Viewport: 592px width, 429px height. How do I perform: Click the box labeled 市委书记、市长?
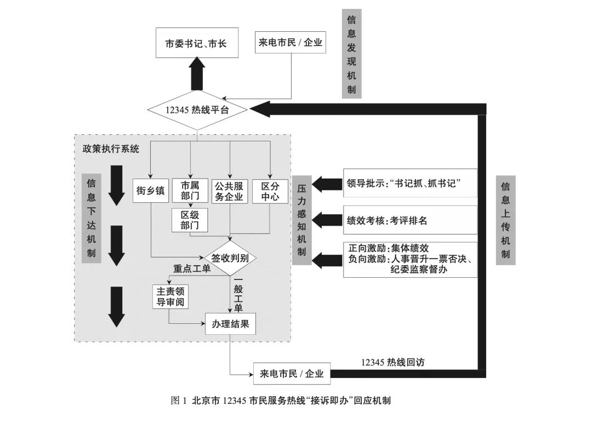[x=196, y=43]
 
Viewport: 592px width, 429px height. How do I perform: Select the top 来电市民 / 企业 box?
[x=291, y=42]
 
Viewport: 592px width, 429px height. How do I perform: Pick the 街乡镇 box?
[x=150, y=191]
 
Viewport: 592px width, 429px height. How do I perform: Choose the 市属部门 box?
[x=190, y=191]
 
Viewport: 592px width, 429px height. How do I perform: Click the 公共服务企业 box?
[x=230, y=191]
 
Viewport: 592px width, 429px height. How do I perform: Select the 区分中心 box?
[x=270, y=191]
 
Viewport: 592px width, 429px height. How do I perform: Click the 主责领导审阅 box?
[x=169, y=296]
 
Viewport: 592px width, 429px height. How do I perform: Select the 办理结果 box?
[x=230, y=324]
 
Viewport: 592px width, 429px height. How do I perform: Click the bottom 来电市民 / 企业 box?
[x=292, y=374]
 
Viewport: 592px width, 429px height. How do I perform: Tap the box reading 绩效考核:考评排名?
[x=410, y=220]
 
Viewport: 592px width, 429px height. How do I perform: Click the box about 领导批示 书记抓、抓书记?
[x=410, y=183]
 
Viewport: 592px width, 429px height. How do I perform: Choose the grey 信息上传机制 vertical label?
[x=505, y=220]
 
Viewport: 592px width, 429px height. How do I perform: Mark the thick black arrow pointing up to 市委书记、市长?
[x=197, y=75]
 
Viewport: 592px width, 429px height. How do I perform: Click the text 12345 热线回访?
[x=392, y=362]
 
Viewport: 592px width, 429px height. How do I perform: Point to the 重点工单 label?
[x=192, y=268]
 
